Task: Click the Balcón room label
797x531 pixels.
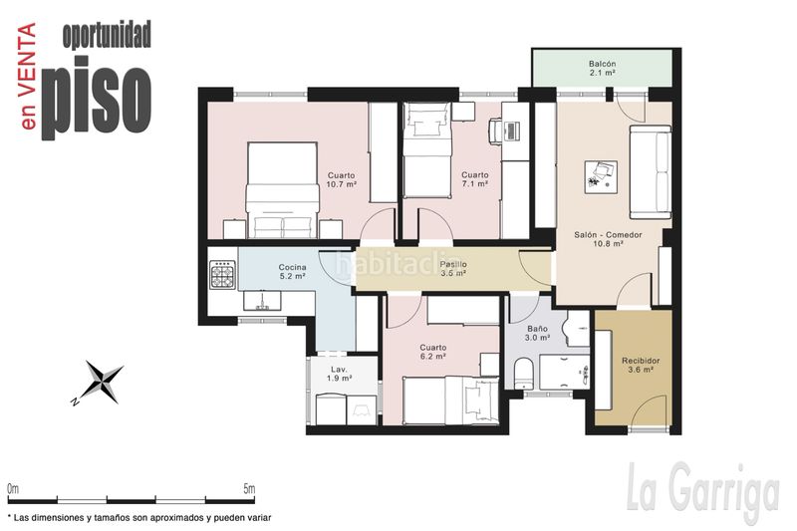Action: (x=603, y=64)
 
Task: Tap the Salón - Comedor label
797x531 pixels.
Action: (x=608, y=235)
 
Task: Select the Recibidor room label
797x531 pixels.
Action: (x=641, y=361)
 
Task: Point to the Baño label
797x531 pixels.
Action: (x=537, y=329)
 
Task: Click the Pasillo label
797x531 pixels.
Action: (x=453, y=264)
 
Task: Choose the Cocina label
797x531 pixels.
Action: (x=292, y=267)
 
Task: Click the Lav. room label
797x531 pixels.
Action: (x=339, y=370)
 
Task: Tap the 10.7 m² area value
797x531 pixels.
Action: (x=341, y=184)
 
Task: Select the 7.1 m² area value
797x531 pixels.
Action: (x=475, y=183)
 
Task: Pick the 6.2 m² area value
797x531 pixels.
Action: (x=433, y=357)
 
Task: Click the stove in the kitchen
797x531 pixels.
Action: (x=222, y=274)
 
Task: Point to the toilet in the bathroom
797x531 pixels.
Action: (x=522, y=374)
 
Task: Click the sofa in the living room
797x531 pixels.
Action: (x=651, y=171)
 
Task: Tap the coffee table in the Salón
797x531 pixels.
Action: (x=601, y=176)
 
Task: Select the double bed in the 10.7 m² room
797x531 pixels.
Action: (x=282, y=190)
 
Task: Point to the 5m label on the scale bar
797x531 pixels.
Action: (x=249, y=489)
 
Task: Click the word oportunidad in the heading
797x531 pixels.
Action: (x=107, y=35)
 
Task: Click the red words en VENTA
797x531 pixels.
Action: (x=27, y=77)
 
